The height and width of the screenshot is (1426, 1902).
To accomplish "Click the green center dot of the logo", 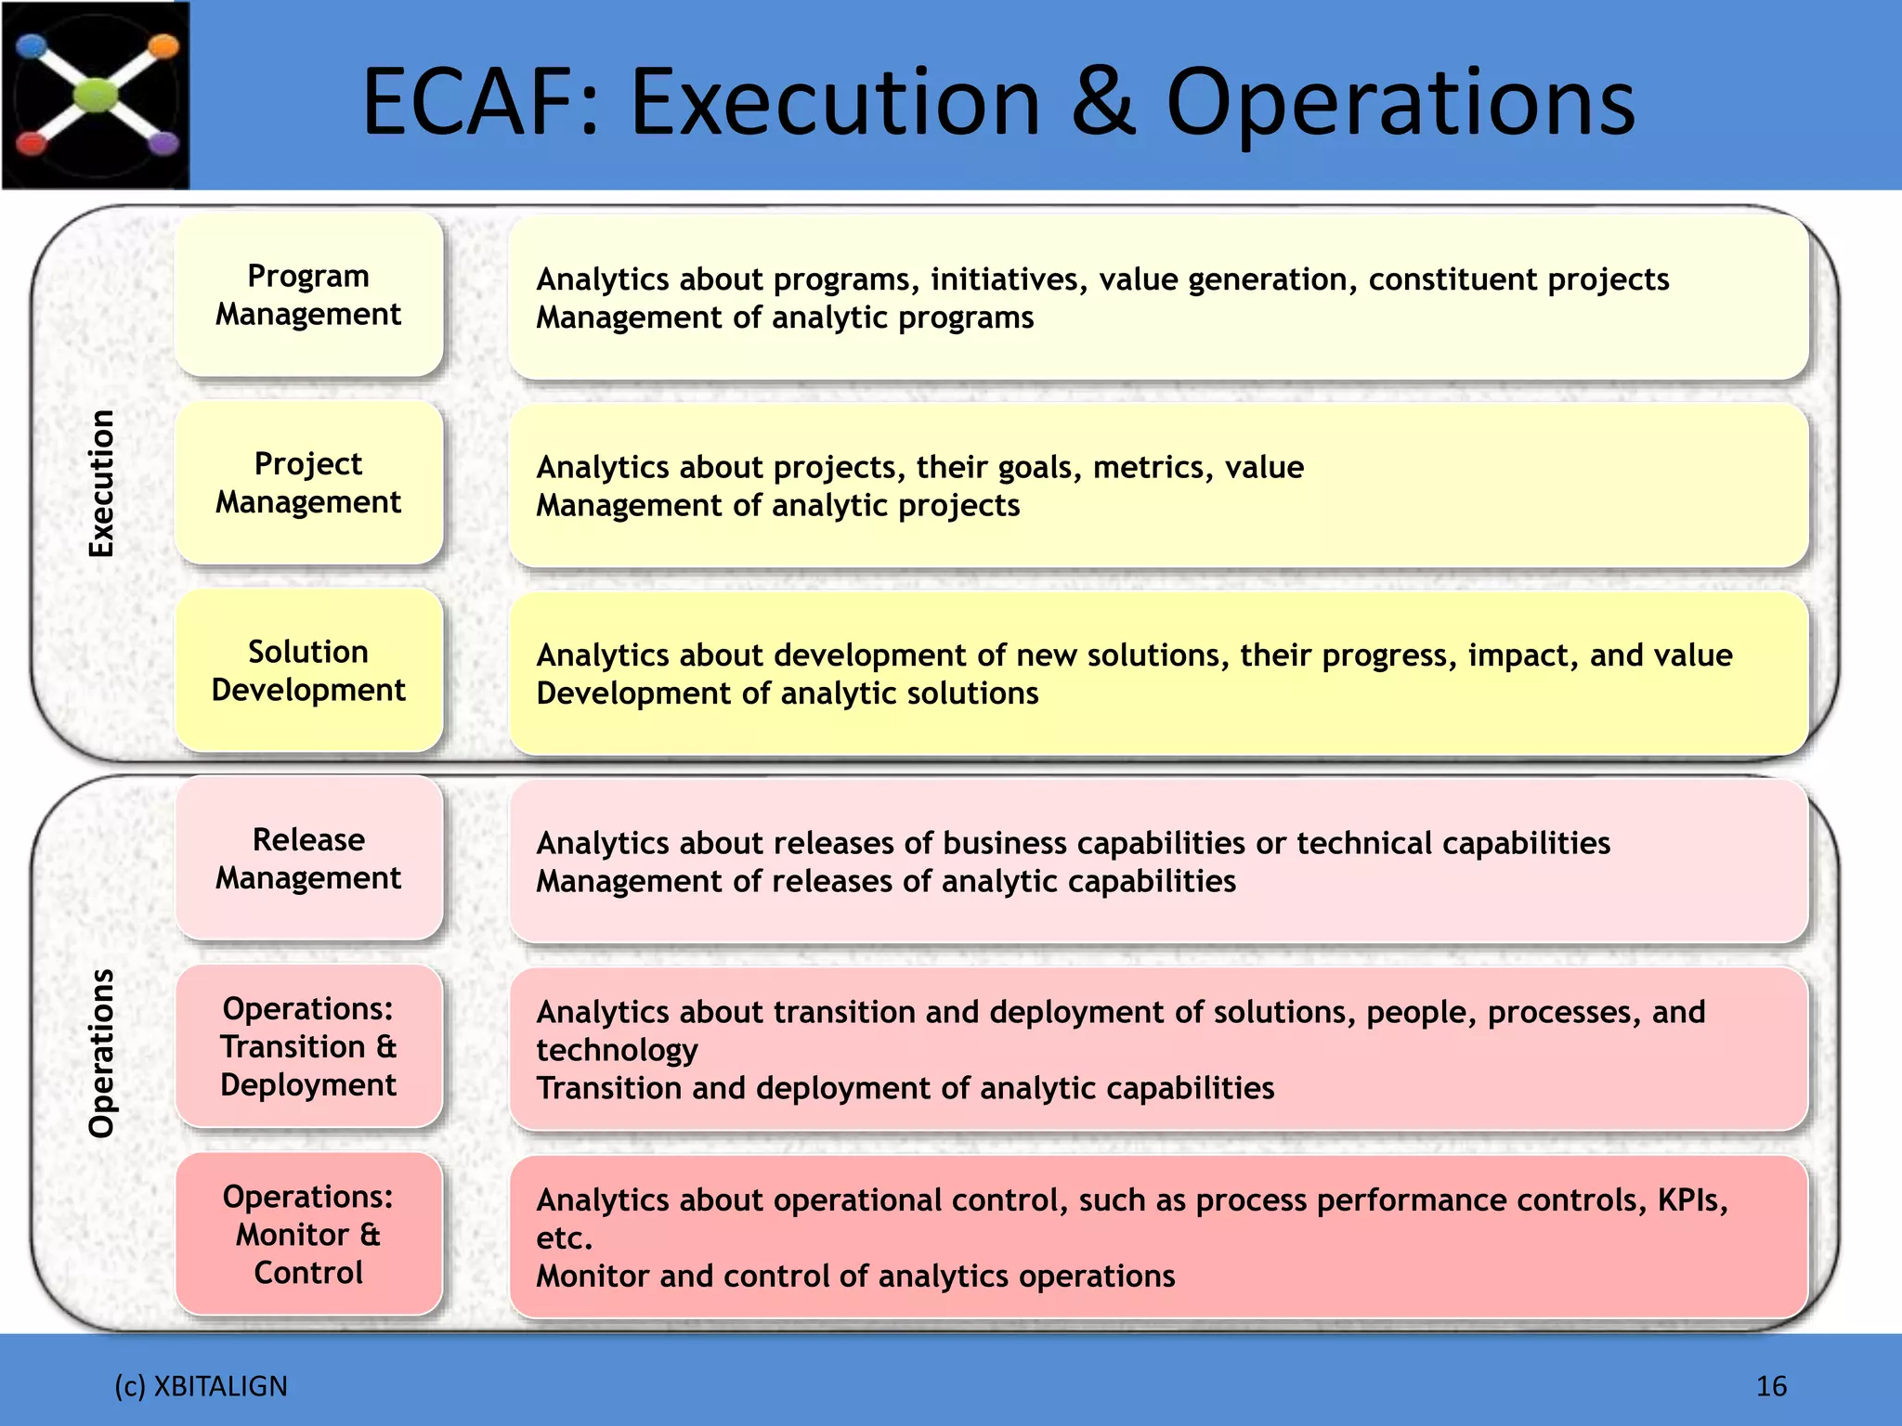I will click(97, 95).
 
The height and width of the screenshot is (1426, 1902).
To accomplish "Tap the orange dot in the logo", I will click(163, 45).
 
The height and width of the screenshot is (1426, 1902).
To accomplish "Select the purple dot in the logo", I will click(164, 143).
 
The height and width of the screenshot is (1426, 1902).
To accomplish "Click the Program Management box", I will click(308, 295).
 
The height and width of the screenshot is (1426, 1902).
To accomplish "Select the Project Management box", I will click(308, 483).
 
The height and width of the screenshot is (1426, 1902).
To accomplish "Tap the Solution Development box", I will click(308, 670).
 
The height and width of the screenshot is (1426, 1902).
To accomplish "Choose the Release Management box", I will click(308, 859).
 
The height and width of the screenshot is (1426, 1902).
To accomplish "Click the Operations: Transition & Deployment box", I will click(308, 1046).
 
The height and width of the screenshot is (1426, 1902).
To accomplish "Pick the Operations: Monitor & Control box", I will click(308, 1235).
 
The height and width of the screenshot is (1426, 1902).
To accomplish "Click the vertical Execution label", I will click(101, 483).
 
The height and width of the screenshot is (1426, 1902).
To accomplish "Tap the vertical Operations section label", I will click(101, 1054).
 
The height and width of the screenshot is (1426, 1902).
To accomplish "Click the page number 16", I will click(1771, 1386).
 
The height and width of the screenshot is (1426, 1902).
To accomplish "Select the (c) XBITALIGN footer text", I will click(201, 1386).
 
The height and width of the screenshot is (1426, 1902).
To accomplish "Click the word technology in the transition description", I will click(617, 1050).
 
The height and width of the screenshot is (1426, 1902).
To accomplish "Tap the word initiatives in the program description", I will click(1009, 279).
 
